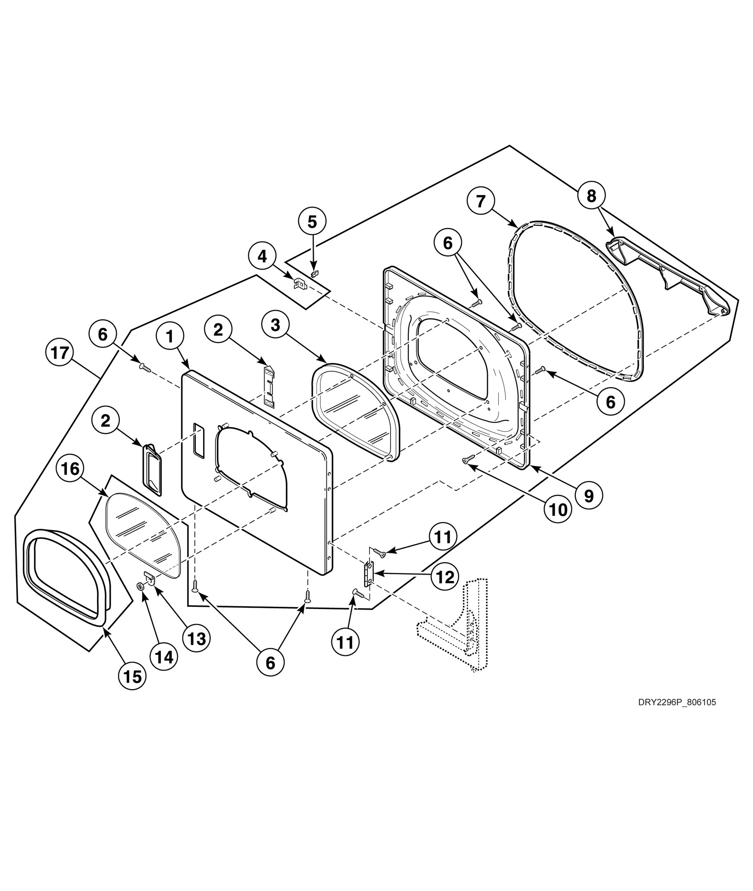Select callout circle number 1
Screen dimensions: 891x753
coord(170,336)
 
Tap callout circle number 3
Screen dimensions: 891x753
coord(276,325)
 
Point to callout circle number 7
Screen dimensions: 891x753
coord(480,201)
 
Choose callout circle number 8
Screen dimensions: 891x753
coord(591,196)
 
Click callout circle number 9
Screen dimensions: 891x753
coord(589,495)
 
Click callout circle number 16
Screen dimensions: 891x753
coord(70,469)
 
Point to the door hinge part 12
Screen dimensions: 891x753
coord(369,574)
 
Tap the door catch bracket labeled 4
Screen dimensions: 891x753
coord(299,282)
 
